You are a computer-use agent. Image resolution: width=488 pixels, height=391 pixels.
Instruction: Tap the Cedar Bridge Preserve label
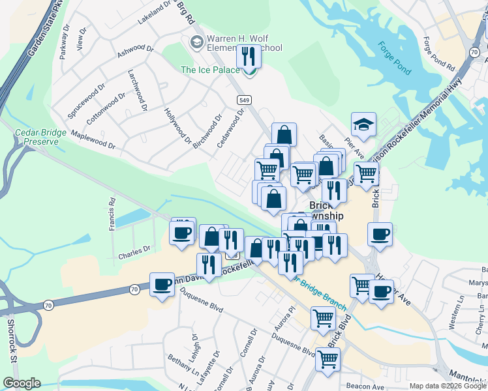click(x=40, y=136)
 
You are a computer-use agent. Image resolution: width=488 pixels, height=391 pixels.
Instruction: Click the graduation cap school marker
click(x=364, y=124)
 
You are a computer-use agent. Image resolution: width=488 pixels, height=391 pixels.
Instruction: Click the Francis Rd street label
click(x=112, y=212)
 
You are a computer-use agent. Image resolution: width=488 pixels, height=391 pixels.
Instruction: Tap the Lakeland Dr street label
click(x=154, y=13)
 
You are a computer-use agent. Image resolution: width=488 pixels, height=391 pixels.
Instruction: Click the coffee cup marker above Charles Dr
click(x=182, y=233)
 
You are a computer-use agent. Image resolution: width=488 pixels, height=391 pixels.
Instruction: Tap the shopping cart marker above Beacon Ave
click(x=328, y=358)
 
